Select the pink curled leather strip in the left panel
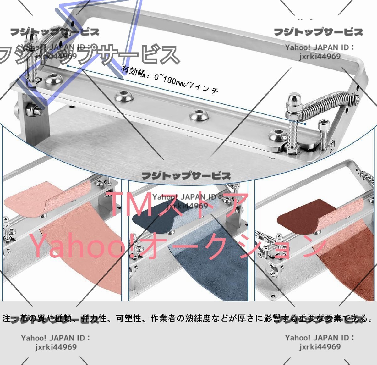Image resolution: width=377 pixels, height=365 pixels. tap(47, 198)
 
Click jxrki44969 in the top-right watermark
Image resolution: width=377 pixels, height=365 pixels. tap(320, 56)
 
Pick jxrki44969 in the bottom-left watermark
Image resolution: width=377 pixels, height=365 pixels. tap(56, 347)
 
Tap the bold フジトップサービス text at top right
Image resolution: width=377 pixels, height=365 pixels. tap(319, 32)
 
